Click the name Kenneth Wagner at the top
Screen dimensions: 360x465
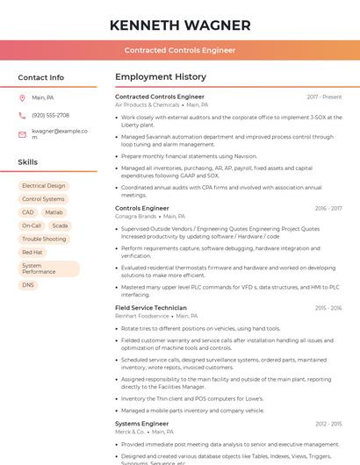(x=180, y=25)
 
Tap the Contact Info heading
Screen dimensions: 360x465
(x=41, y=77)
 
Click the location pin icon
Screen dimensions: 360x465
(x=22, y=97)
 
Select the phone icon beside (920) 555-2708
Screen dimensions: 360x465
(x=22, y=115)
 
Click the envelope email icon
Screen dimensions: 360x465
(x=22, y=134)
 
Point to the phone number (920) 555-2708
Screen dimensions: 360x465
(x=50, y=115)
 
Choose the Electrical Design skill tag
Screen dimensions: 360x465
(x=44, y=186)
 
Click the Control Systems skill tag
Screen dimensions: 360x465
(x=43, y=199)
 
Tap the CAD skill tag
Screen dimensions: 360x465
(x=28, y=212)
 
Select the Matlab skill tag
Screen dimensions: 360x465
(x=54, y=212)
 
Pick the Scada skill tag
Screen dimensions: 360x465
(x=59, y=225)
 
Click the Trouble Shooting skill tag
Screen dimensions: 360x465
(x=44, y=239)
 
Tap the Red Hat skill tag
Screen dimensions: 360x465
(x=32, y=252)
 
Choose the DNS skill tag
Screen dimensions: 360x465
(x=28, y=285)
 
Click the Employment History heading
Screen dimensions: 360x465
(x=161, y=77)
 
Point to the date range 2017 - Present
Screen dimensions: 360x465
(x=324, y=97)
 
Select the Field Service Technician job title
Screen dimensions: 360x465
(x=151, y=308)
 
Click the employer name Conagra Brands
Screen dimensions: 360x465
(x=135, y=216)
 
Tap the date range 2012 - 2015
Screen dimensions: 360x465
(x=328, y=424)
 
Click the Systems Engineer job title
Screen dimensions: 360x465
(x=141, y=424)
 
